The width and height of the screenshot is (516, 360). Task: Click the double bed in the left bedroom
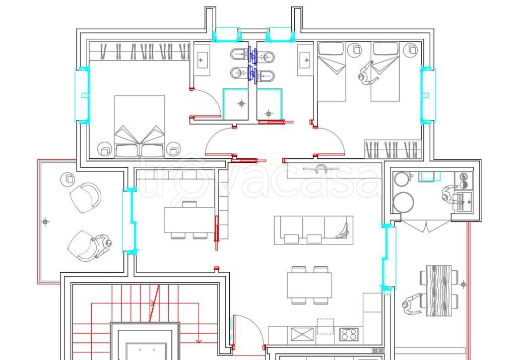(x=140, y=127)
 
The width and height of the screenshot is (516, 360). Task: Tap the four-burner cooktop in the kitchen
(x=349, y=334)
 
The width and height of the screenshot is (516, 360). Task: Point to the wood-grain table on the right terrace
(x=439, y=290)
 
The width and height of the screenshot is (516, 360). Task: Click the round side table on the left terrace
(x=68, y=179)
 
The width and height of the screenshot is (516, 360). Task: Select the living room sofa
(x=313, y=230)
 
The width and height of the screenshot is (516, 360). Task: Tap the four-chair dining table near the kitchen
(x=309, y=285)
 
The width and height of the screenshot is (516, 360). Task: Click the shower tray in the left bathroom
(x=236, y=104)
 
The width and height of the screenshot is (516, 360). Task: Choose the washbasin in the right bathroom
(x=305, y=60)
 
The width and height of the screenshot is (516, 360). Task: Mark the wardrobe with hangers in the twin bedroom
(x=393, y=149)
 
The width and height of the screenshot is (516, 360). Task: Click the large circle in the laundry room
(x=404, y=202)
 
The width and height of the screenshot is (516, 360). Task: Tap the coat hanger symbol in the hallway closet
(x=317, y=169)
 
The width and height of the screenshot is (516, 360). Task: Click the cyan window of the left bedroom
(x=82, y=95)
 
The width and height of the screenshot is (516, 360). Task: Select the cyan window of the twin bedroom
(x=428, y=95)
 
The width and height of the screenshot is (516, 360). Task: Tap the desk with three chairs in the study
(x=189, y=220)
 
